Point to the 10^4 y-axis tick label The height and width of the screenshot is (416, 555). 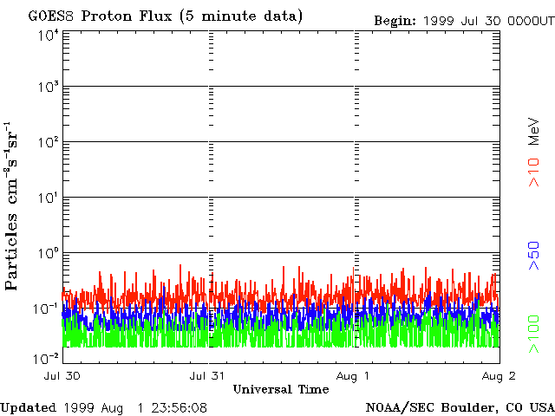coord(48,36)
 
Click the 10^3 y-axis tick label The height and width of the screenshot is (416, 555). coord(48,88)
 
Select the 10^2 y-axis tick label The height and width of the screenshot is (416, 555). coord(48,143)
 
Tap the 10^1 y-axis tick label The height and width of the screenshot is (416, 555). coord(48,198)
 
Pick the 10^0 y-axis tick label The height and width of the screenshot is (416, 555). coord(48,254)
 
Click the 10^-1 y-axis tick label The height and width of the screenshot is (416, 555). coord(46,309)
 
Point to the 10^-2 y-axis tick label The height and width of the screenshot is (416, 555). coord(46,357)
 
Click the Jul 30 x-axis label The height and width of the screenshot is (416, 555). coord(63,376)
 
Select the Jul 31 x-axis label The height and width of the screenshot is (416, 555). coord(209,376)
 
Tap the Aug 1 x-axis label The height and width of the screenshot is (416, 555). coord(354,376)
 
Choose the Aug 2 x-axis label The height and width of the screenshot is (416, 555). coord(499,376)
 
